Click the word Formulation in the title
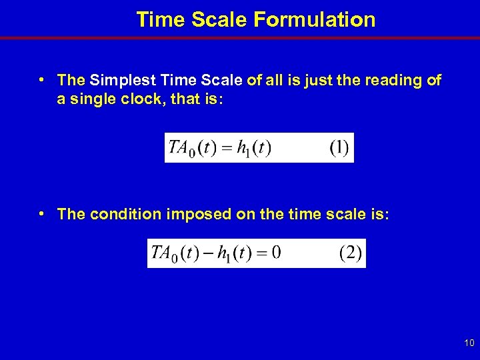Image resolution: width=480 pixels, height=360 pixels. point(314,19)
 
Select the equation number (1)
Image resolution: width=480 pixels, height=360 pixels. point(339,147)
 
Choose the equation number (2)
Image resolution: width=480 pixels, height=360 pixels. point(351,253)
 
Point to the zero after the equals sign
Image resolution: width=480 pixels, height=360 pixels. point(276,253)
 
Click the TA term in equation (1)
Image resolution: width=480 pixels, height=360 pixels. point(179,147)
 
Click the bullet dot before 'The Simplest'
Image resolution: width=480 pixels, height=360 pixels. point(41,80)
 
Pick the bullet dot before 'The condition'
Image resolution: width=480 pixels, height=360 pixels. point(41,213)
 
